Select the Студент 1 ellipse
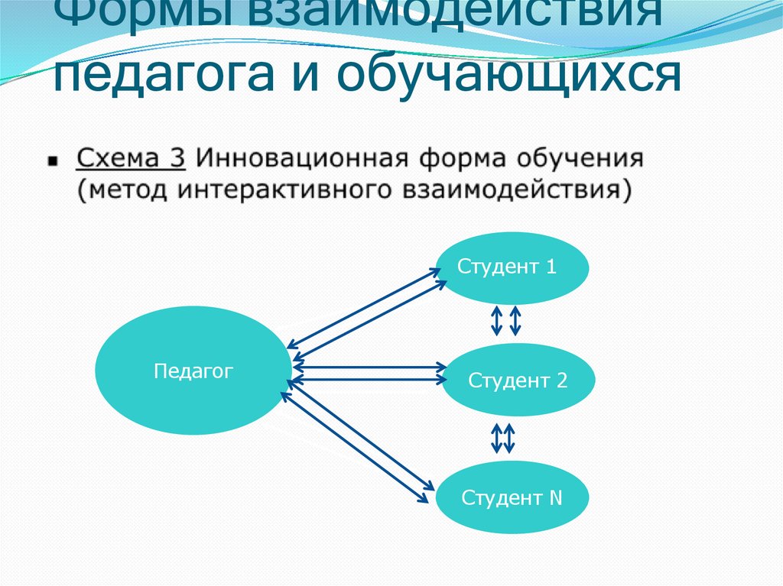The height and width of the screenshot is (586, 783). (513, 267)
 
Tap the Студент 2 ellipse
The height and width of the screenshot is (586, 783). (518, 380)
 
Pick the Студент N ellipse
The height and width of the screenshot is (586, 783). (512, 498)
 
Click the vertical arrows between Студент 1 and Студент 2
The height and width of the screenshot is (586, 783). (505, 321)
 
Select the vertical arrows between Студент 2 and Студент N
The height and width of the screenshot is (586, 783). (503, 439)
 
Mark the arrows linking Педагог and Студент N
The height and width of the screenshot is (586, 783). (356, 442)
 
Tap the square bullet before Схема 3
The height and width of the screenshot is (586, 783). (53, 162)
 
